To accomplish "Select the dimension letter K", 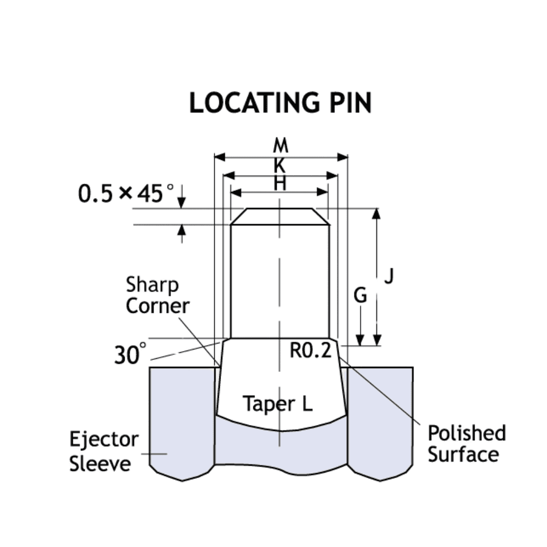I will [280, 165].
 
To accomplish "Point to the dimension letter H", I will [280, 183].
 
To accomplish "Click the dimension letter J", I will [388, 276].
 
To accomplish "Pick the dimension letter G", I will [360, 296].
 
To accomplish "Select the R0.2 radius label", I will [310, 351].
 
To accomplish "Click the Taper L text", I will [277, 404].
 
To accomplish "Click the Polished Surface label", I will [467, 444].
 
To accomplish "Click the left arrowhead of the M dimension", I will [219, 158].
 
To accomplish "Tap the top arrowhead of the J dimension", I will [376, 214].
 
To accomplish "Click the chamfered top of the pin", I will [280, 216].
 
